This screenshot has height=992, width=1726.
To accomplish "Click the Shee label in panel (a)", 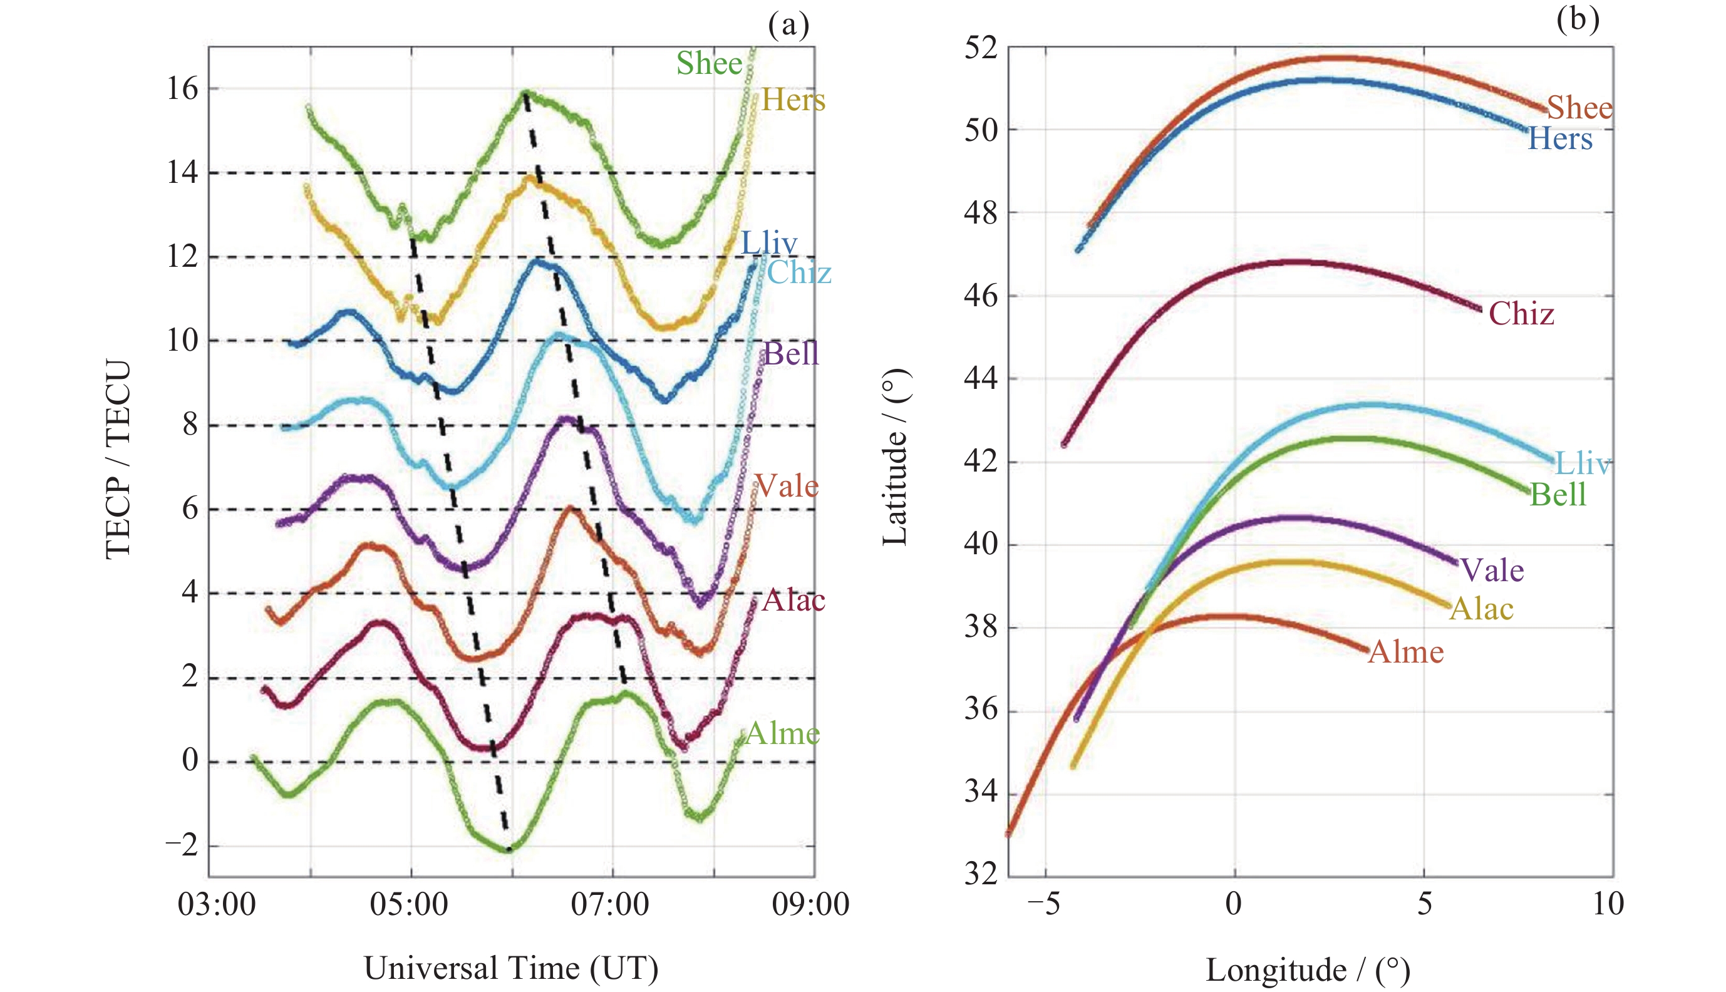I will point(708,63).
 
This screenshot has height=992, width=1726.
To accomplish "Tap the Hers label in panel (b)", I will point(1560,139).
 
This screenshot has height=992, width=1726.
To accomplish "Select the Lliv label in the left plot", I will point(768,242).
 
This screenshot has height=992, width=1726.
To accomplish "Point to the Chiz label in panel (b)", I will point(1521,314).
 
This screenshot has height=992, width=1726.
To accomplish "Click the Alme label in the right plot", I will point(1406,652).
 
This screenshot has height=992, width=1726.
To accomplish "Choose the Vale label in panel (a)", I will point(787,487).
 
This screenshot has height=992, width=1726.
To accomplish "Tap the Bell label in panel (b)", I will point(1558,495).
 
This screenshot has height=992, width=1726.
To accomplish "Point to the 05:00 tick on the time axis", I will point(409,905).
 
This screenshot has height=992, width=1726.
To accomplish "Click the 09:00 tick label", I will point(810,905).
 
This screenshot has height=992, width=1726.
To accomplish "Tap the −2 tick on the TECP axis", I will point(181,845).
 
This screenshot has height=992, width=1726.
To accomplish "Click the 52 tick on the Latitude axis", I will point(980,48).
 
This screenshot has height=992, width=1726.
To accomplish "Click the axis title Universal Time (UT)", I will point(511,968).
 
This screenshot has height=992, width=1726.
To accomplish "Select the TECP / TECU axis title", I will point(118,460).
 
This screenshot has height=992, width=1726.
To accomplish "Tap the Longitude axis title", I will point(1308,969).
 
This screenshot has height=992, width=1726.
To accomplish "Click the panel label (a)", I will point(788,25).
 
